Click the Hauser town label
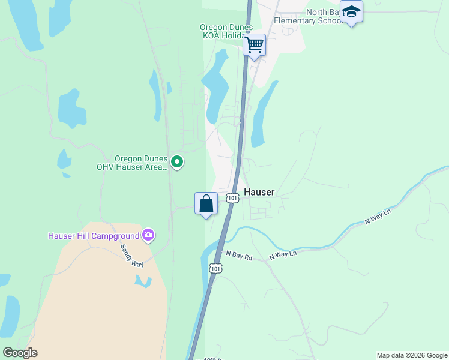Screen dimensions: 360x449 pyautogui.click(x=259, y=193)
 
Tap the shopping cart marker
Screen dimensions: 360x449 pyautogui.click(x=255, y=45)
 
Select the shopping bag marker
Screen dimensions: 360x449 pyautogui.click(x=206, y=203)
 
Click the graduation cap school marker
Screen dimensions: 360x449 pyautogui.click(x=351, y=11)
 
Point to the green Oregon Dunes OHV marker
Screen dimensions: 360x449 pyautogui.click(x=177, y=162)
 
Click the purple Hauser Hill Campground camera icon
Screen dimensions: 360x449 pyautogui.click(x=148, y=235)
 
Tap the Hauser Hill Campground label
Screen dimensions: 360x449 pyautogui.click(x=94, y=236)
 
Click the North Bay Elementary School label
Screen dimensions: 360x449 pyautogui.click(x=308, y=16)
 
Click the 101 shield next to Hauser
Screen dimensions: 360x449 pyautogui.click(x=232, y=197)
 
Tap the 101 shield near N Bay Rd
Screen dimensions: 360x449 pyautogui.click(x=216, y=268)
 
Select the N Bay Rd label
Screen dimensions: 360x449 pyautogui.click(x=239, y=256)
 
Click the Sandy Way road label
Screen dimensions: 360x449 pyautogui.click(x=131, y=255)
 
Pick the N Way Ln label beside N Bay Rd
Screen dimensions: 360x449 pyautogui.click(x=283, y=254)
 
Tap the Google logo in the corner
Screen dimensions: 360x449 pyautogui.click(x=20, y=353)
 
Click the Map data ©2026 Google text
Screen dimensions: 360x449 pyautogui.click(x=412, y=355)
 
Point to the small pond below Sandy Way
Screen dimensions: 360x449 pyautogui.click(x=143, y=281)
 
